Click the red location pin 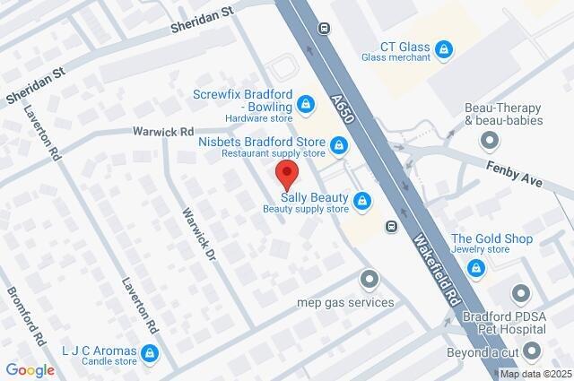tap(286, 173)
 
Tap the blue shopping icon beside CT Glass tap(443, 48)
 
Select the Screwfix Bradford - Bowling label tap(245, 100)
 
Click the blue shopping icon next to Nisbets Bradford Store tap(339, 144)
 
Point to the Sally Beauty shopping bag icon tap(363, 201)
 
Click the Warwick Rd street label tap(163, 131)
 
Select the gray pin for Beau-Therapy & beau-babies tap(489, 140)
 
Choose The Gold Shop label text tap(491, 238)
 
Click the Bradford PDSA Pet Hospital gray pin tap(521, 293)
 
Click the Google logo tap(30, 369)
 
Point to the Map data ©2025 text tap(535, 375)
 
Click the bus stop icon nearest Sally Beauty tap(392, 226)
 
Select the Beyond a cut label tap(483, 351)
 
